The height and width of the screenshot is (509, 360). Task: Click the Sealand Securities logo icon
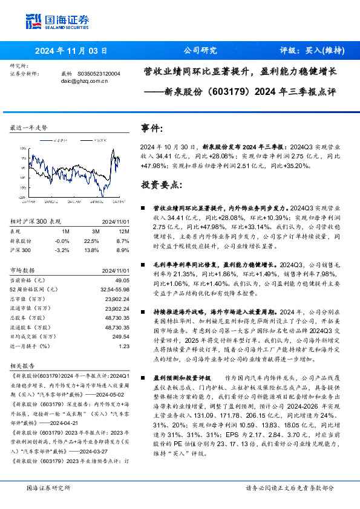(x=33, y=21)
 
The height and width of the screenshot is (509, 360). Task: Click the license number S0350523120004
(x=99, y=73)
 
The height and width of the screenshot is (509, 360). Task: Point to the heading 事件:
(x=152, y=129)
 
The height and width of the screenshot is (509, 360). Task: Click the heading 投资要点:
(x=161, y=183)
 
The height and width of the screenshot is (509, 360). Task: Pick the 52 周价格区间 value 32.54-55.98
(x=114, y=290)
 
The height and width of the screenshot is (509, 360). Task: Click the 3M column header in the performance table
(x=96, y=231)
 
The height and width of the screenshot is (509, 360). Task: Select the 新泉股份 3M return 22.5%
(x=93, y=240)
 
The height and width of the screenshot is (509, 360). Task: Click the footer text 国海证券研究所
(x=49, y=487)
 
